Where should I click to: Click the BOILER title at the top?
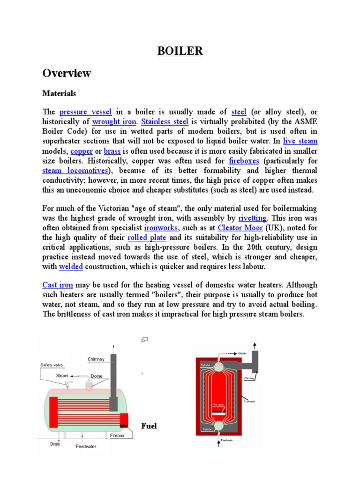180,51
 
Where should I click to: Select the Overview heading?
67,74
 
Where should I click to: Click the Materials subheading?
59,94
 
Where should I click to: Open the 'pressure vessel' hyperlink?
85,112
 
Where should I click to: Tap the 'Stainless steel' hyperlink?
161,122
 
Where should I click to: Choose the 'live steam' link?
300,141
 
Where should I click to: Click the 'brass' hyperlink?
112,151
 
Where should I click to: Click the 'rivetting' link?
253,218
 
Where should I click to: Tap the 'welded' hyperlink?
71,267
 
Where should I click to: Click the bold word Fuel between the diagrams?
149,426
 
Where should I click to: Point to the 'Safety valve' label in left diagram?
52,365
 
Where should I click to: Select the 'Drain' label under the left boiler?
55,443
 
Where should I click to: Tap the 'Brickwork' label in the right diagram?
250,401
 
